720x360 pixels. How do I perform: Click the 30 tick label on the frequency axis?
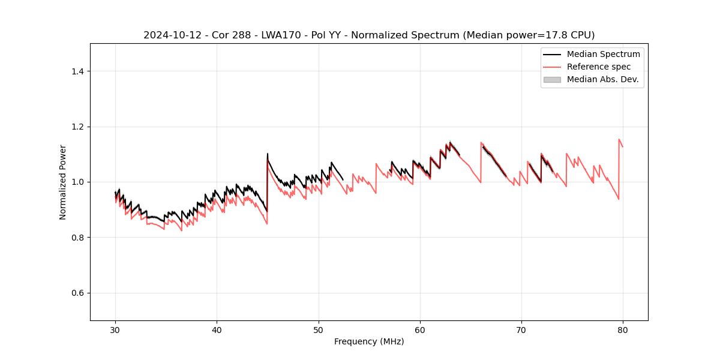116,330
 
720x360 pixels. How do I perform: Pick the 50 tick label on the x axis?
319,330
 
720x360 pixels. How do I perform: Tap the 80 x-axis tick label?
623,330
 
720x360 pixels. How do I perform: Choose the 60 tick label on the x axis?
420,330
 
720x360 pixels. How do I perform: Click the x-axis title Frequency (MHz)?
369,341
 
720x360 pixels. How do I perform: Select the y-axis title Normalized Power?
63,182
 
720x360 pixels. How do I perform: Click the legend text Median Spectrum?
603,54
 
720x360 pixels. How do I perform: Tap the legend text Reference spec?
599,67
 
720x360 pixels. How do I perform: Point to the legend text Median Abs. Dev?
602,79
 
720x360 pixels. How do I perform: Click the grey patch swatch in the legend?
552,79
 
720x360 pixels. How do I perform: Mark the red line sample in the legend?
552,67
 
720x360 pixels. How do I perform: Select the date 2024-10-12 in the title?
170,35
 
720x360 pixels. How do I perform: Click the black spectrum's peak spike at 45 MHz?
268,154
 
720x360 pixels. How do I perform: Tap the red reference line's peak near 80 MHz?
619,139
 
